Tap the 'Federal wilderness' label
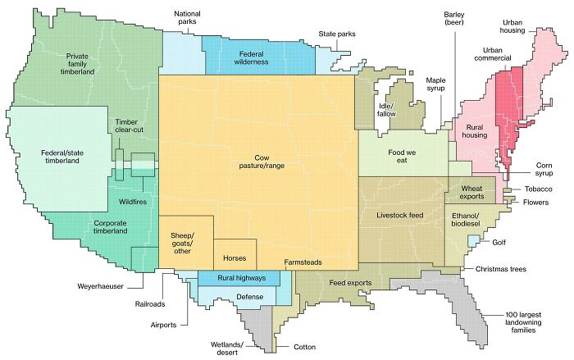250,58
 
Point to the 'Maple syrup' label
435,85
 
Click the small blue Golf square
473,240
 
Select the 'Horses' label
235,258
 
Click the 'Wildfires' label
133,199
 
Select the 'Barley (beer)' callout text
453,19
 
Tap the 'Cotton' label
303,348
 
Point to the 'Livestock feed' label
399,215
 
